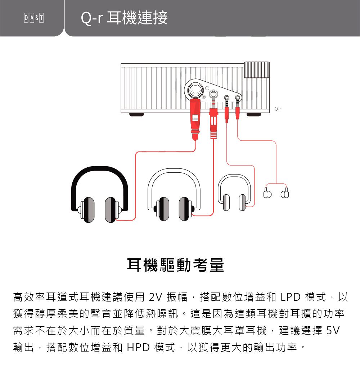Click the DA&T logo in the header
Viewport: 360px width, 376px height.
34,18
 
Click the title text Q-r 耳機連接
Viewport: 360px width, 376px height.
124,18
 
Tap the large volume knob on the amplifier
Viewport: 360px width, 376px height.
257,70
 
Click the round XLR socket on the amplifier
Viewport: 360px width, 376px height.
194,91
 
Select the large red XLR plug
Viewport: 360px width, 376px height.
195,119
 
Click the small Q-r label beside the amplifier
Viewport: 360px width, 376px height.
278,109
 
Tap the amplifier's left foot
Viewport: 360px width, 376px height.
136,114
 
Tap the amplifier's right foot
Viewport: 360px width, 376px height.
254,114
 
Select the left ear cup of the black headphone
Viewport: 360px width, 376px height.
88,210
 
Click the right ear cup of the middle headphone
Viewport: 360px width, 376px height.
185,209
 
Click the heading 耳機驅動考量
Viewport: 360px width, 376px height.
175,265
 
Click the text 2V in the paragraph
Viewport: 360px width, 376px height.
156,297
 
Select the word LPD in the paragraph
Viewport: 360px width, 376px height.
291,297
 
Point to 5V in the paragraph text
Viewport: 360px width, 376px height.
333,330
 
